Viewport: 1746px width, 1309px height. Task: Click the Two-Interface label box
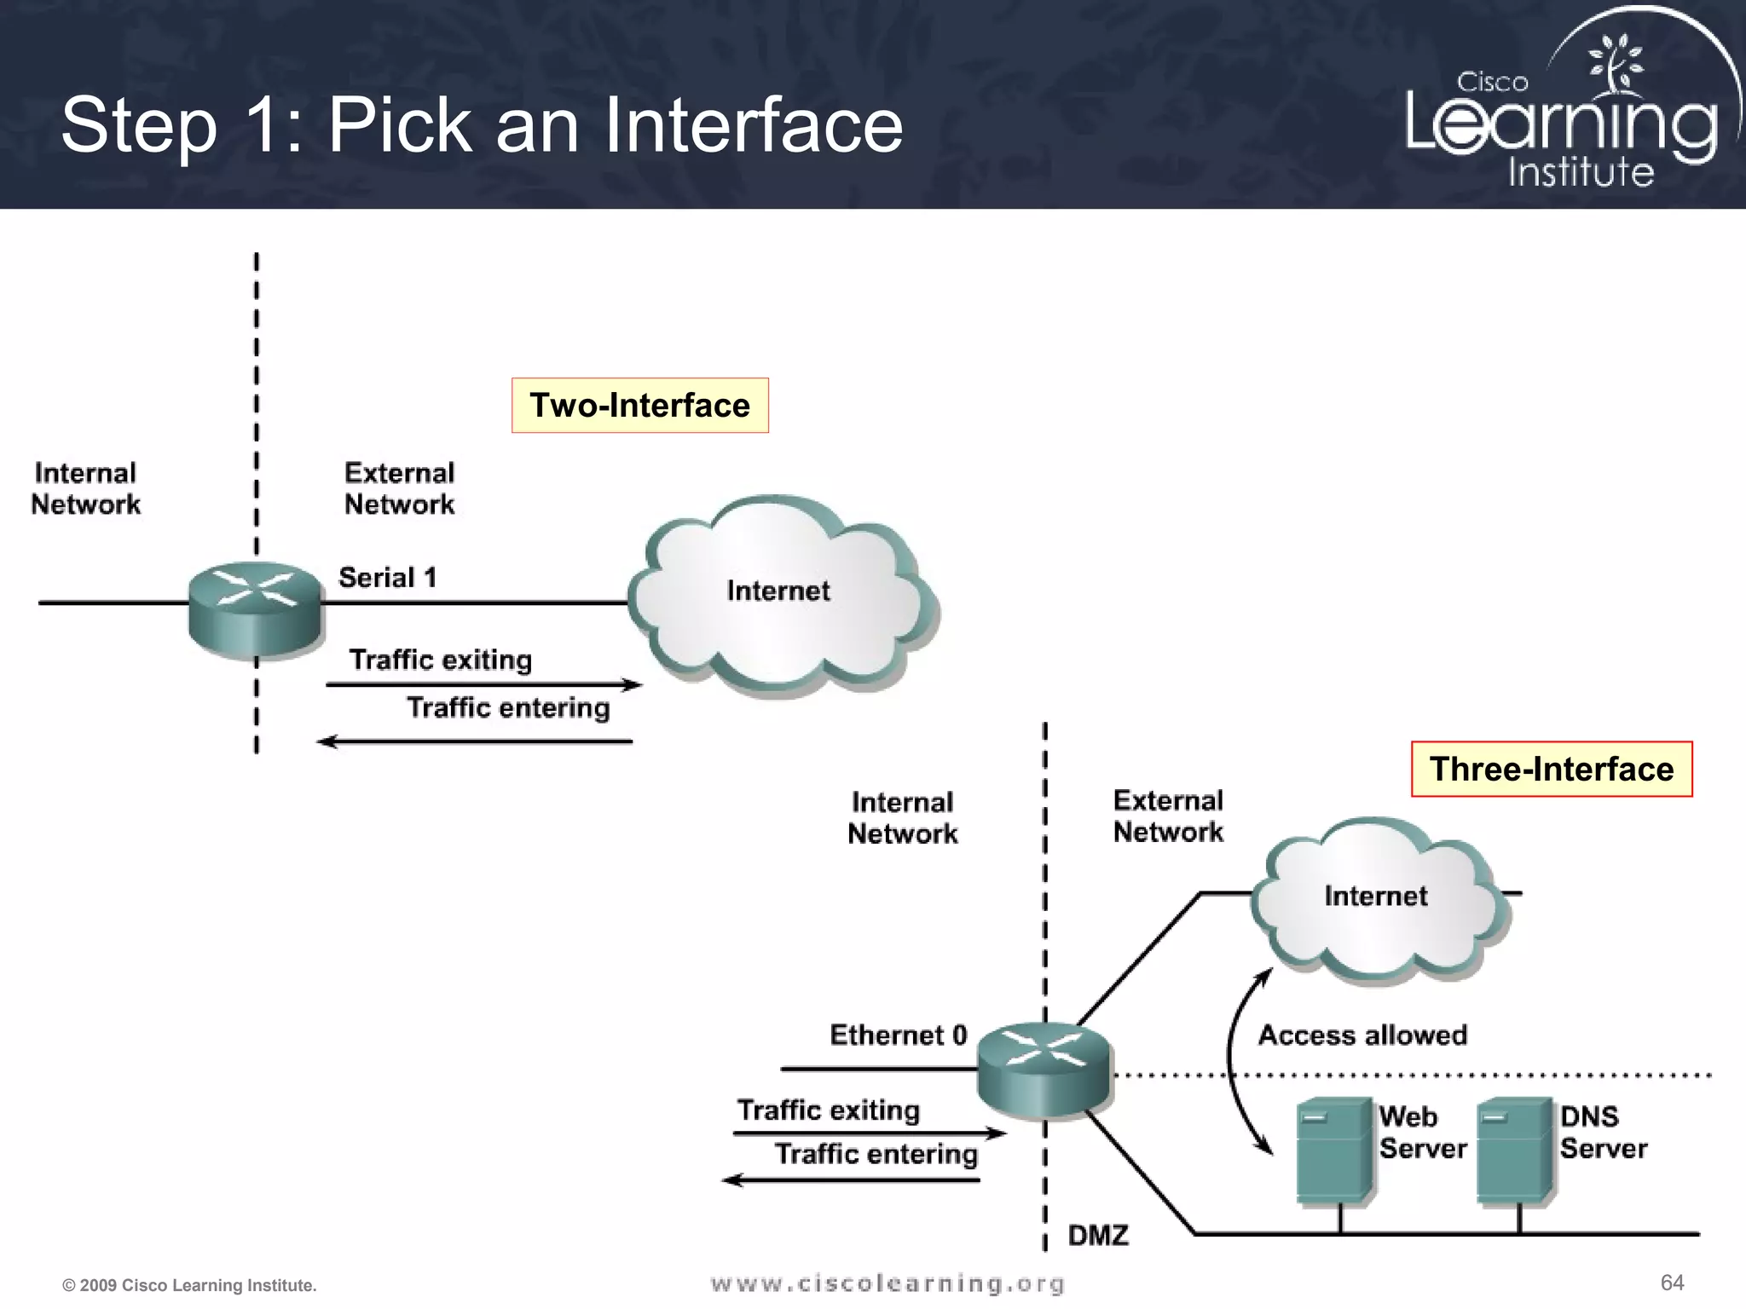coord(639,406)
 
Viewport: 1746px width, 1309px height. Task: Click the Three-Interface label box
coord(1551,769)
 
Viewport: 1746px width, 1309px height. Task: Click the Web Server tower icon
coord(1333,1149)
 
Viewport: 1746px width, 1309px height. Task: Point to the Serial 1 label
coord(388,578)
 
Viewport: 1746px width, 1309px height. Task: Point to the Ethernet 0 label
coord(898,1035)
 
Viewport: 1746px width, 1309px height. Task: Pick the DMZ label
coord(1098,1235)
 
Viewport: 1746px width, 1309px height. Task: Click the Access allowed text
coord(1362,1035)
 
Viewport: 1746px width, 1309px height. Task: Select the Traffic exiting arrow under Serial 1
coord(483,684)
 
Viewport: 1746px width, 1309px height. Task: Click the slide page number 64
coord(1672,1283)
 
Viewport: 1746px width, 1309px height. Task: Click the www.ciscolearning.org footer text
coord(887,1283)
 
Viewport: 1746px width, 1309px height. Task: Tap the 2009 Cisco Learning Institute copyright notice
coord(189,1285)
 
